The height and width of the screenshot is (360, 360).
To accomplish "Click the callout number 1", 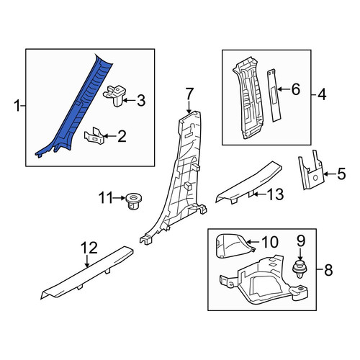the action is (x=17, y=106).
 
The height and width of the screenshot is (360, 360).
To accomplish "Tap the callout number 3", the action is (x=141, y=101).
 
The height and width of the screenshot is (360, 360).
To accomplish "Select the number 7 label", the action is (x=189, y=94).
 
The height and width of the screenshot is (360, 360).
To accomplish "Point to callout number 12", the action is (x=89, y=248).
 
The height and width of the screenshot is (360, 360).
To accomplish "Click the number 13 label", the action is (x=276, y=194).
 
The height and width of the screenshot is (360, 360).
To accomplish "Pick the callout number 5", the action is (x=341, y=174).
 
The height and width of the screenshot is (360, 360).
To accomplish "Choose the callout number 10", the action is (x=270, y=242).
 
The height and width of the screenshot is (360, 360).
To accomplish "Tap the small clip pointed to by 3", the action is (x=115, y=96).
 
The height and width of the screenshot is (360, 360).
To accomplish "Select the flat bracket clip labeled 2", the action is (x=94, y=136).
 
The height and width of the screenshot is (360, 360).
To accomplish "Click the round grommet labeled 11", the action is (x=133, y=201).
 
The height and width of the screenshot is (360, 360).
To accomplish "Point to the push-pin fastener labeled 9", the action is (x=300, y=269).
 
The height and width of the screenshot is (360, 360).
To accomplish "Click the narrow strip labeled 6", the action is (x=274, y=96).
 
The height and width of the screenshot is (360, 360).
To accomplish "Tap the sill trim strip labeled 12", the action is (x=88, y=272).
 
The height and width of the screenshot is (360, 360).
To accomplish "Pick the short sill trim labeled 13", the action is (x=248, y=182).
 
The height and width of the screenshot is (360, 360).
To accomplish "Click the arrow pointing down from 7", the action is (x=189, y=107).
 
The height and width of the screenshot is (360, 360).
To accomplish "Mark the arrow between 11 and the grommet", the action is (x=119, y=198).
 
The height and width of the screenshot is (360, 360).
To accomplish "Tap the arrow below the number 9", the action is (x=300, y=254).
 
